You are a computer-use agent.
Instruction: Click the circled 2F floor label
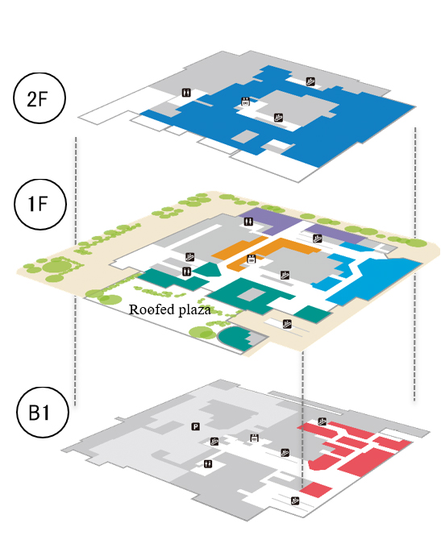[x=40, y=98]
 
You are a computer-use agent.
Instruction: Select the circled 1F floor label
[x=40, y=204]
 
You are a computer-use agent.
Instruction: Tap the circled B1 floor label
[x=42, y=413]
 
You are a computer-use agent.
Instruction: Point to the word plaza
[x=194, y=310]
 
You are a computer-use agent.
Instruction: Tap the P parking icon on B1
[x=195, y=426]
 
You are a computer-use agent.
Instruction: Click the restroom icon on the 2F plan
[x=187, y=93]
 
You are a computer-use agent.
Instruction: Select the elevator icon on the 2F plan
[x=246, y=102]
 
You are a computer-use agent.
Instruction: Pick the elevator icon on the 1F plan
[x=251, y=259]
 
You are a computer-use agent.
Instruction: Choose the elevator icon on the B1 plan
[x=254, y=438]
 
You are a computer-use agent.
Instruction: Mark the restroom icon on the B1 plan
[x=208, y=463]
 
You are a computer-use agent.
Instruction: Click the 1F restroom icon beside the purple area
[x=248, y=222]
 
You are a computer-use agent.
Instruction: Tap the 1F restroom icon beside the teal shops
[x=187, y=272]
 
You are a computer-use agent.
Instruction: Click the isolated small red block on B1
[x=315, y=489]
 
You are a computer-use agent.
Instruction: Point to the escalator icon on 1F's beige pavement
[x=287, y=324]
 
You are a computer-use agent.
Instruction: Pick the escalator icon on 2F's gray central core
[x=278, y=117]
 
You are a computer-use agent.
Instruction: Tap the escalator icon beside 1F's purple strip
[x=317, y=239]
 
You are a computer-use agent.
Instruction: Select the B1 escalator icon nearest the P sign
[x=214, y=441]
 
